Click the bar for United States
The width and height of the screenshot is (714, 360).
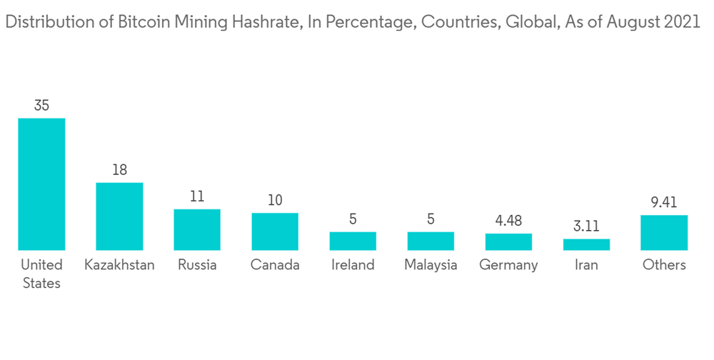[41, 184]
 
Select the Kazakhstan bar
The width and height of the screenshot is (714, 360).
[119, 216]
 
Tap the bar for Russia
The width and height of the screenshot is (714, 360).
[197, 229]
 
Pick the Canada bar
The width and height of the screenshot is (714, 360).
[275, 231]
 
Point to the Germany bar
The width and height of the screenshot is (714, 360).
[508, 241]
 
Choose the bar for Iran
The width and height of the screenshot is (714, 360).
[586, 244]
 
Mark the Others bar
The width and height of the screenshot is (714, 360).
[664, 232]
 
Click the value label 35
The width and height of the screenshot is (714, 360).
[41, 106]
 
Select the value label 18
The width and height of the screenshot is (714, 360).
[119, 170]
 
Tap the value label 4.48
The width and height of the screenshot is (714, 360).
[508, 221]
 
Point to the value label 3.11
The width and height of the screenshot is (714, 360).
[586, 226]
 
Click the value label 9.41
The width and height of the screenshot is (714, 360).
[664, 203]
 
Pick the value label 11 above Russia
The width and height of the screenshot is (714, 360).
[197, 196]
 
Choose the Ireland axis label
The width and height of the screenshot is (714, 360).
[353, 265]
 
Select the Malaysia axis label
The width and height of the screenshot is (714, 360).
[431, 265]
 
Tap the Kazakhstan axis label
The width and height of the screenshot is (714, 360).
[119, 265]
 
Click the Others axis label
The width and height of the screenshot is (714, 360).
[664, 265]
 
